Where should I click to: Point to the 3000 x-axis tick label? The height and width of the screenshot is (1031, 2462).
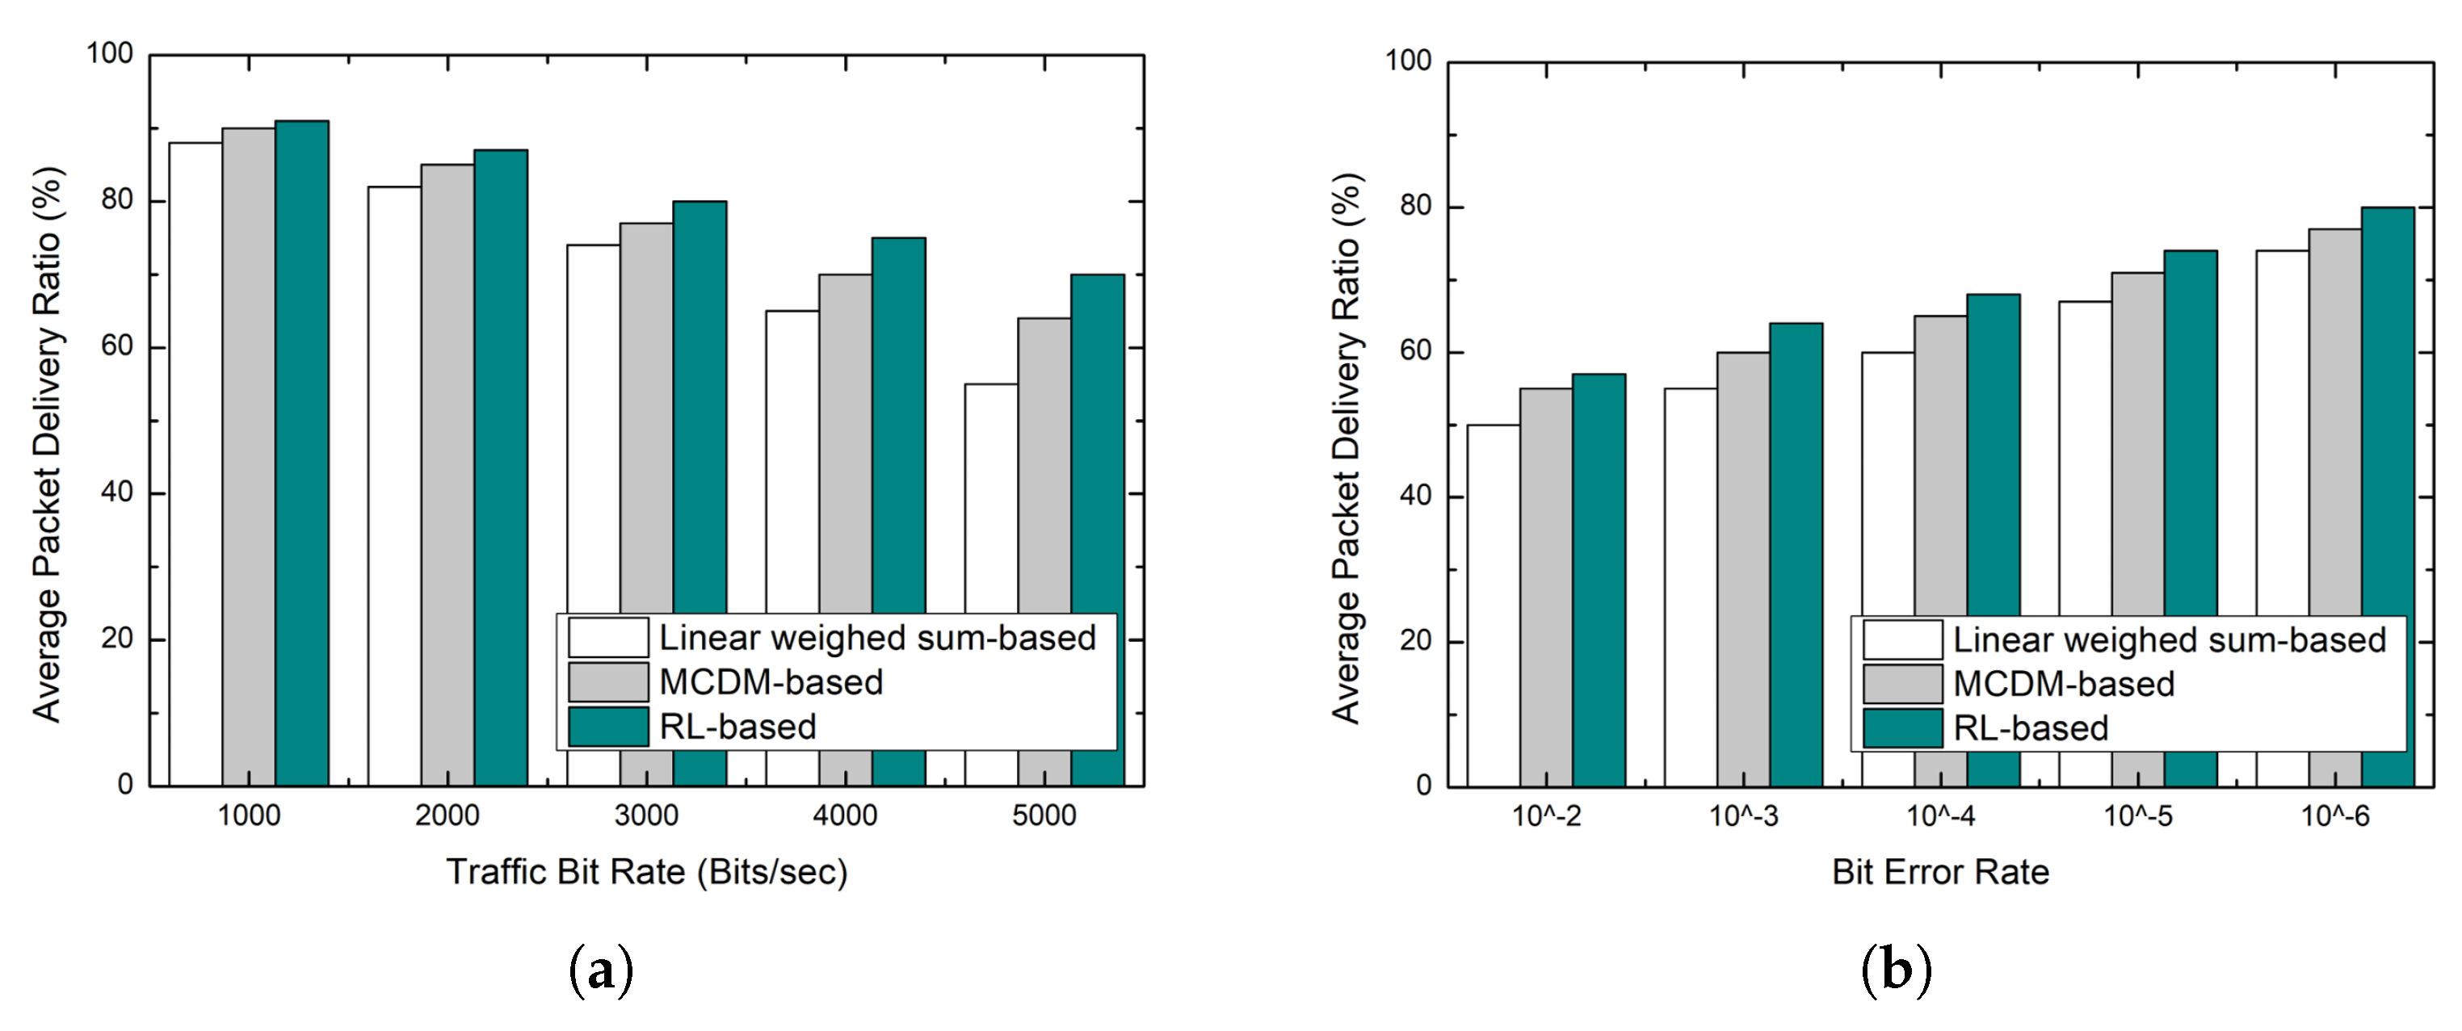pos(647,816)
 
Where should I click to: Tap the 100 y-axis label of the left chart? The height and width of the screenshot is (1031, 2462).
pos(110,53)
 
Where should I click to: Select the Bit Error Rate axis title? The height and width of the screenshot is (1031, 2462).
pos(1940,873)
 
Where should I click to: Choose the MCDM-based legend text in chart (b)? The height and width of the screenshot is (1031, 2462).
pos(2065,684)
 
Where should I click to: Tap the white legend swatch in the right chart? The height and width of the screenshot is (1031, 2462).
pos(1902,640)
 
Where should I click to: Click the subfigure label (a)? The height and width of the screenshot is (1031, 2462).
pos(601,972)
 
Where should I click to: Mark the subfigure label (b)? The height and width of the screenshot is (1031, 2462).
pos(1897,972)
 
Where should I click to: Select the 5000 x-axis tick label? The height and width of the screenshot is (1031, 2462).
pos(1044,816)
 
